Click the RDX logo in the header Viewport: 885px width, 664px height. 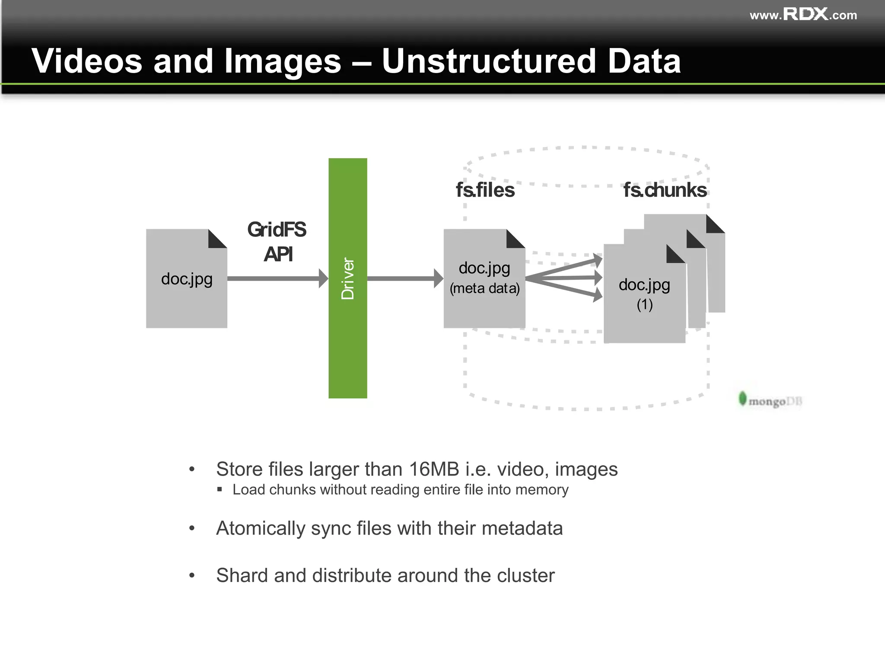click(805, 14)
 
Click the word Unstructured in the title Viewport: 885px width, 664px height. click(489, 61)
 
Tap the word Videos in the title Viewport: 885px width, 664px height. click(87, 61)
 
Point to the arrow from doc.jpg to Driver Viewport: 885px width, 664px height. click(277, 278)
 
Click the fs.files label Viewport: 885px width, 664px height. click(485, 190)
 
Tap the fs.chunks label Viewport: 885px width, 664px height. click(665, 190)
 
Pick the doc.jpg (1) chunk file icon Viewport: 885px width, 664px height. click(644, 320)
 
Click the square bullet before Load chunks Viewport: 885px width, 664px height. click(220, 489)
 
